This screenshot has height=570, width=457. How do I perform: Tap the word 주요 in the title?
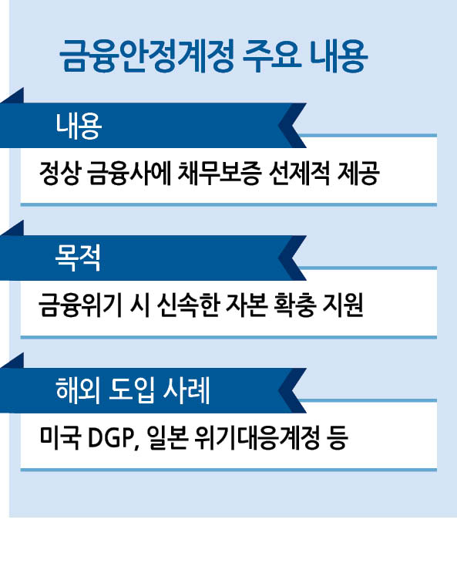pyautogui.click(x=272, y=56)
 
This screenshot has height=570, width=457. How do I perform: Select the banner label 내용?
pyautogui.click(x=79, y=126)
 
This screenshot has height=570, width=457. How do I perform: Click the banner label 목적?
pyautogui.click(x=78, y=258)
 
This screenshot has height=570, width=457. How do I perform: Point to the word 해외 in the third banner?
pyautogui.click(x=78, y=391)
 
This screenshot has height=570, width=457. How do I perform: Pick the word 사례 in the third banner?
pyautogui.click(x=186, y=391)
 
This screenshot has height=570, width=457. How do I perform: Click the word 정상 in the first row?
pyautogui.click(x=59, y=174)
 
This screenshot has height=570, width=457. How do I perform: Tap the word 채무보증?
pyautogui.click(x=220, y=174)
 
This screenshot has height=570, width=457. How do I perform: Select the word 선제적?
pyautogui.click(x=299, y=174)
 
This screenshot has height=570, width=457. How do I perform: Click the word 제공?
pyautogui.click(x=358, y=174)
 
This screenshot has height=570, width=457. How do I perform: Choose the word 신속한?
pyautogui.click(x=188, y=305)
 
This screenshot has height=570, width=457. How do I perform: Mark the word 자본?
pyautogui.click(x=247, y=305)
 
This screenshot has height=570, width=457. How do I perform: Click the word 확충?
pyautogui.click(x=295, y=305)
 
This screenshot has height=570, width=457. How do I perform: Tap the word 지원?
pyautogui.click(x=343, y=305)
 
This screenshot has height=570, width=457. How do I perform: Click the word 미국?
pyautogui.click(x=59, y=437)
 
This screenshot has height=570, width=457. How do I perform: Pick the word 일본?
pyautogui.click(x=168, y=437)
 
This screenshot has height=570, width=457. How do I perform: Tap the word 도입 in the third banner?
pyautogui.click(x=132, y=391)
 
